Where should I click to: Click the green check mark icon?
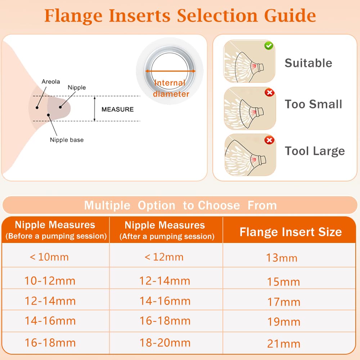269,46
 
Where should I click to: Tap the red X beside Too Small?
269,93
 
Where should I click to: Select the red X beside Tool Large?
269,140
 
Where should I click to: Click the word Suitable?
308,63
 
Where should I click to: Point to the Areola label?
50,82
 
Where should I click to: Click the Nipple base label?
67,140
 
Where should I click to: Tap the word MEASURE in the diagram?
117,109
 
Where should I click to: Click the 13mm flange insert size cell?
282,258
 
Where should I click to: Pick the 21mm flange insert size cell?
283,343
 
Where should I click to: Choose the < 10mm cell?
49,257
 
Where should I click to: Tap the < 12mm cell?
164,257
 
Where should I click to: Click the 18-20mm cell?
165,342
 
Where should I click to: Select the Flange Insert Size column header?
291,232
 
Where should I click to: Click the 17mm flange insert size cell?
283,301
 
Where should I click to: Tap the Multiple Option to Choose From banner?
180,205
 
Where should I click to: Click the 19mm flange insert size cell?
283,321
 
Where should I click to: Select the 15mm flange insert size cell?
283,281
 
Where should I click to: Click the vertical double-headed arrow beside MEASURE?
94,109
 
